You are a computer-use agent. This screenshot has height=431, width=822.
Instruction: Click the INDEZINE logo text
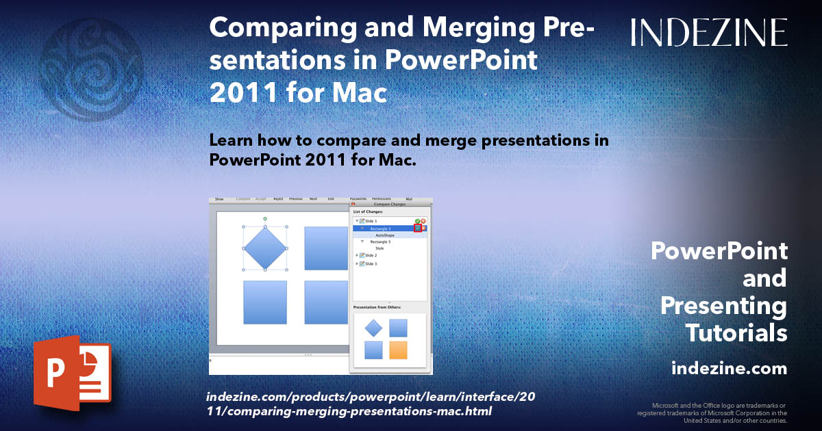(x=709, y=32)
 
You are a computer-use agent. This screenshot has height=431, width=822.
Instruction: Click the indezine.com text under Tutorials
(x=729, y=369)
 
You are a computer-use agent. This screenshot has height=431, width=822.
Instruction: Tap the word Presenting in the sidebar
(x=723, y=306)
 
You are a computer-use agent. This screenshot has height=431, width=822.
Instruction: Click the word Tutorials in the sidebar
(x=736, y=333)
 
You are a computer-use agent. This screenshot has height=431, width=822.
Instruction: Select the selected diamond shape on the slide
(x=265, y=248)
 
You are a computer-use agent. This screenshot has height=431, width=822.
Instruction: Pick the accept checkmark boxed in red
(x=418, y=228)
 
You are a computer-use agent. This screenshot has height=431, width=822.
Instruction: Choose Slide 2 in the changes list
(x=371, y=255)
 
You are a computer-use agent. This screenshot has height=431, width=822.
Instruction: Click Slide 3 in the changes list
(x=371, y=263)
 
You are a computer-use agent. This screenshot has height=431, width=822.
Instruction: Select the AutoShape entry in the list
(x=385, y=235)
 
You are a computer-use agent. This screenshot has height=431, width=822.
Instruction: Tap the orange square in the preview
(x=398, y=350)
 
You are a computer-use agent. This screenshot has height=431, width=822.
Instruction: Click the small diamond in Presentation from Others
(x=373, y=328)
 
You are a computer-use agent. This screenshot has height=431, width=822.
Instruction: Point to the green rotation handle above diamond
(x=265, y=218)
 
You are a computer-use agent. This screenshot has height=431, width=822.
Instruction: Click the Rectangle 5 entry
(x=381, y=242)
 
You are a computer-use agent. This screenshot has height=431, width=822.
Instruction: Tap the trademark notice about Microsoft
(x=712, y=413)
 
